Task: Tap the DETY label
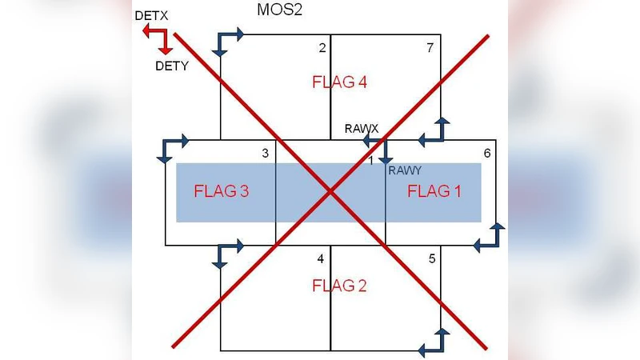coord(171,66)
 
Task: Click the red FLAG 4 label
coord(339,82)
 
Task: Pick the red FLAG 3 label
coord(222,191)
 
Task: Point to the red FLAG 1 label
coord(435,191)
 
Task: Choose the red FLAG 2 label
coord(339,286)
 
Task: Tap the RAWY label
coord(404,170)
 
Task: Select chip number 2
coord(322,48)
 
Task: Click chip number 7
coord(430,48)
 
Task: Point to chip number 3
coord(265,153)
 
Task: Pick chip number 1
coord(370,162)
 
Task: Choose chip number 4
coord(321,258)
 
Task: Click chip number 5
coord(432,258)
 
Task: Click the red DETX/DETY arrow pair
coord(156,38)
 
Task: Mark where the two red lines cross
coord(330,190)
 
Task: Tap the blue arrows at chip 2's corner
coord(228,42)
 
